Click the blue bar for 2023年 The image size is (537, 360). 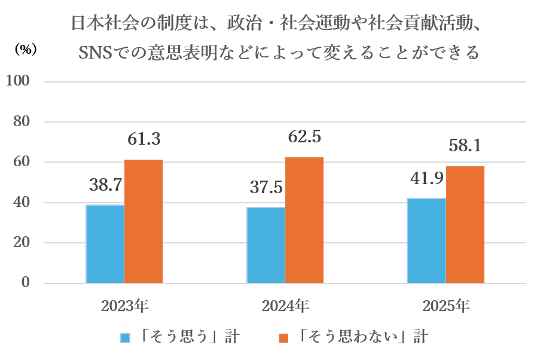click(x=105, y=244)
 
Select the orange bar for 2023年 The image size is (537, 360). click(x=144, y=221)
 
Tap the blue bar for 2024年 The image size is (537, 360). click(x=266, y=245)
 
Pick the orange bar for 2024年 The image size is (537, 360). click(x=304, y=220)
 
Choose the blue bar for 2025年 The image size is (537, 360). click(x=426, y=240)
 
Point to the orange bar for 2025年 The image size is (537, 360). click(x=465, y=224)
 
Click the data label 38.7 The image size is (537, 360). click(x=106, y=185)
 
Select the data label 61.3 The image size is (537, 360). click(x=144, y=140)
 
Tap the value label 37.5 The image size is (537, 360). click(x=266, y=188)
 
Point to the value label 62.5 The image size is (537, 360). click(x=304, y=137)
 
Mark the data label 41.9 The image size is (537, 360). click(x=426, y=178)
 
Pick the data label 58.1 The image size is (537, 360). click(x=465, y=146)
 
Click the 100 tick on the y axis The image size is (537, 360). click(x=19, y=81)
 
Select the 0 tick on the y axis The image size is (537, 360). click(x=26, y=283)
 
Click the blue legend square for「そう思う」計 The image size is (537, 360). click(x=125, y=338)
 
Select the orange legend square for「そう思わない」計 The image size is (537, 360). click(x=283, y=338)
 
